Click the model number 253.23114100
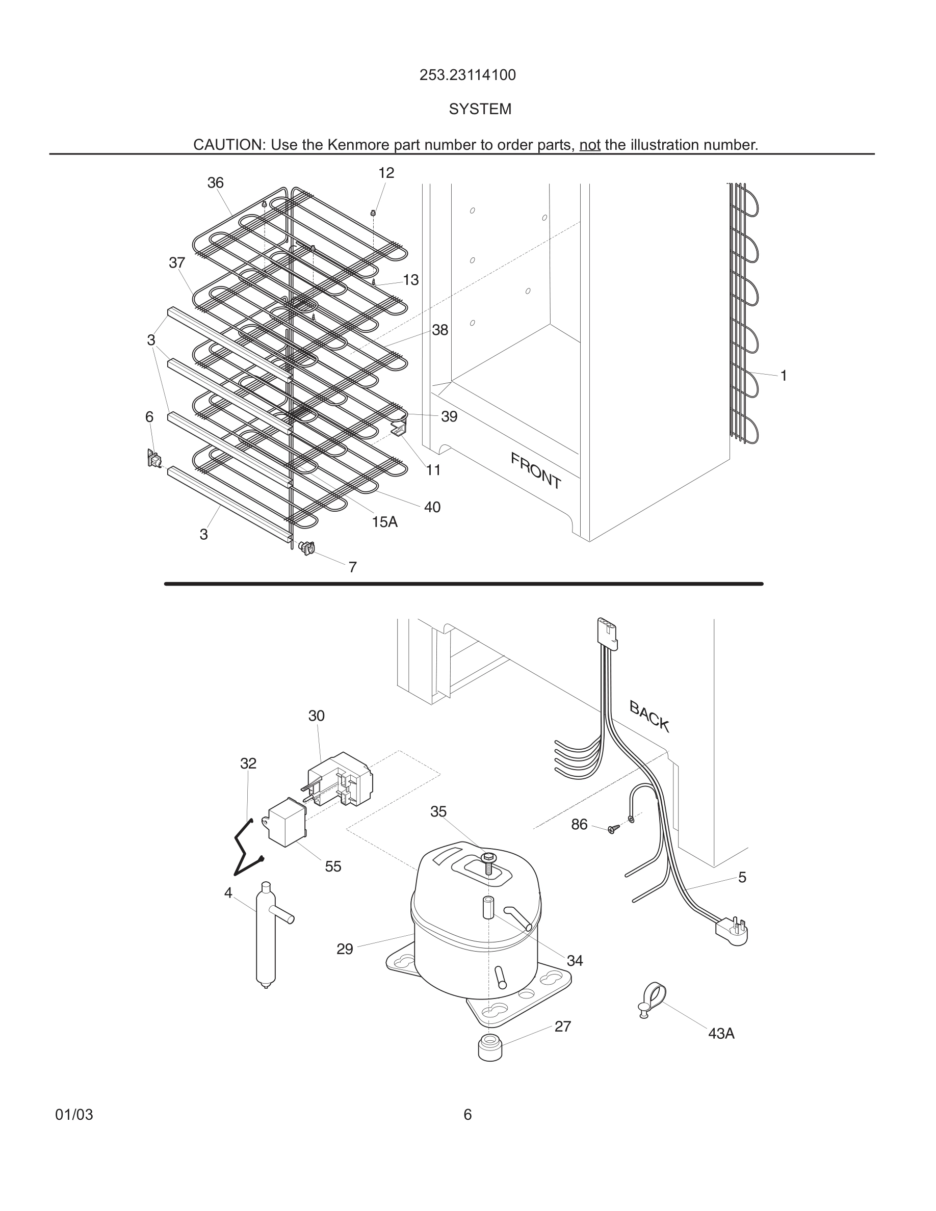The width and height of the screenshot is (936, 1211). pyautogui.click(x=467, y=75)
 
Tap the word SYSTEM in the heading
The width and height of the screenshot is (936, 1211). pyautogui.click(x=480, y=109)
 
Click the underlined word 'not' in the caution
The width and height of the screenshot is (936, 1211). pyautogui.click(x=589, y=145)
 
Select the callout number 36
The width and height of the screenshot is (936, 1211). pyautogui.click(x=215, y=183)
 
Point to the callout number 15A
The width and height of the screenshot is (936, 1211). pyautogui.click(x=384, y=522)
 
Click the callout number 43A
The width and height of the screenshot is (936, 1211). pyautogui.click(x=721, y=1034)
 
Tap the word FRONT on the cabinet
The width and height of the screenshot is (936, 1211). pyautogui.click(x=536, y=471)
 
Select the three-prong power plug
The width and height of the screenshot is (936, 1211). pyautogui.click(x=733, y=930)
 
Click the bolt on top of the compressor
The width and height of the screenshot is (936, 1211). pyautogui.click(x=487, y=862)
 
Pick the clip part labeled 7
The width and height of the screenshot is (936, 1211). pyautogui.click(x=306, y=548)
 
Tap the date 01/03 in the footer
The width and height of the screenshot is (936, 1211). pyautogui.click(x=74, y=1115)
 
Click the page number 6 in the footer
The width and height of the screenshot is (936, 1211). pyautogui.click(x=467, y=1115)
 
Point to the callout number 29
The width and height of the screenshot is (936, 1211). pyautogui.click(x=344, y=950)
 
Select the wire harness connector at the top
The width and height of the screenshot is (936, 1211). pyautogui.click(x=607, y=633)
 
